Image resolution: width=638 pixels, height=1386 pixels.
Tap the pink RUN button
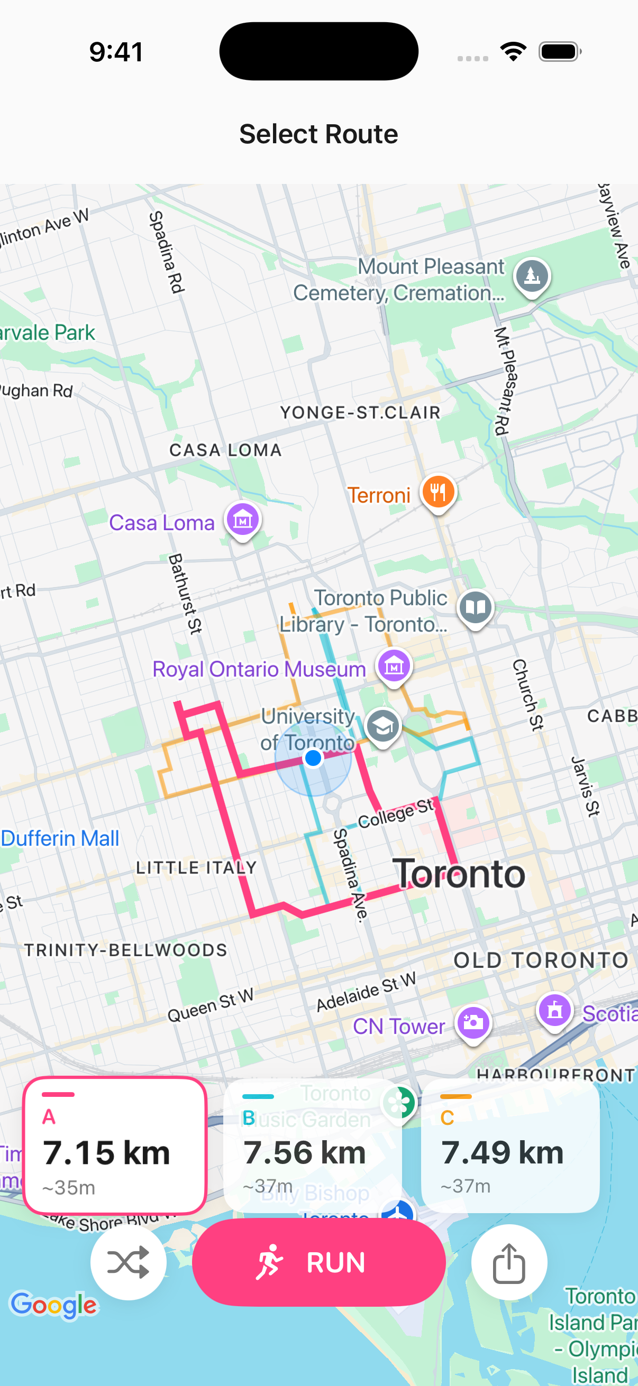318,1262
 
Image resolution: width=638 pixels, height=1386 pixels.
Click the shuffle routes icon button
128,1262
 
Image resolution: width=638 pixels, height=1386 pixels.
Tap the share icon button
509,1262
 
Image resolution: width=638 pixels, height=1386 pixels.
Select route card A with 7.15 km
115,1145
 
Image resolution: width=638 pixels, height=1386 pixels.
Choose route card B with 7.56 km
312,1145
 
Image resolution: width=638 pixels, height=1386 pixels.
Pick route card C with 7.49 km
510,1145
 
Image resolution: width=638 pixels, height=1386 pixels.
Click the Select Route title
318,133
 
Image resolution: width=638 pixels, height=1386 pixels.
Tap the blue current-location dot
313,757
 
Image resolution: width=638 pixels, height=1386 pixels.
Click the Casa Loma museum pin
243,520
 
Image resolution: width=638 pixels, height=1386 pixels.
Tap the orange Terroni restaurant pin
438,492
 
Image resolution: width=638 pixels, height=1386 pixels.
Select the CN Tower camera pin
473,1022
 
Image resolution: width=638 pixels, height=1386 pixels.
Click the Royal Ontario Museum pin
394,666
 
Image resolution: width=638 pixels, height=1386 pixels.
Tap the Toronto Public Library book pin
476,607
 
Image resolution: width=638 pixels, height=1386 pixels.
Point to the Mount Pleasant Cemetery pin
532,276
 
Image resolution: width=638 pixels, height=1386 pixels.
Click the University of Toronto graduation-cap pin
383,726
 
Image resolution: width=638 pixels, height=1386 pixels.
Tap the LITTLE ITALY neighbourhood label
196,867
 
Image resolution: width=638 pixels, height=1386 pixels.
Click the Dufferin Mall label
60,838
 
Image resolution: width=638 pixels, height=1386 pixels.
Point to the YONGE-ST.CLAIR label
360,413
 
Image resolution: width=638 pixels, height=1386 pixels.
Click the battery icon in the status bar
559,52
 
